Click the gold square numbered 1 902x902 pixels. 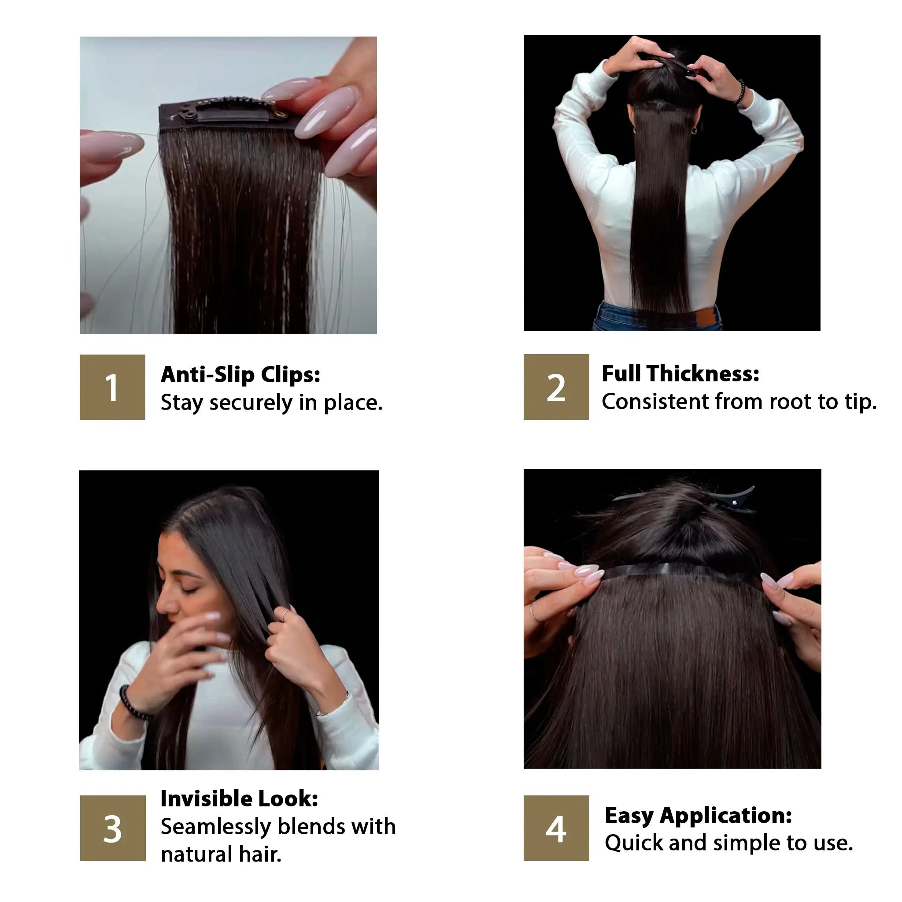click(112, 387)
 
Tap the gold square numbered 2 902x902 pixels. click(556, 387)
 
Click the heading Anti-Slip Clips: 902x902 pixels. click(240, 374)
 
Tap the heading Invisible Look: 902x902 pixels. click(239, 799)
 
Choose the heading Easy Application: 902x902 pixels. click(699, 816)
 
